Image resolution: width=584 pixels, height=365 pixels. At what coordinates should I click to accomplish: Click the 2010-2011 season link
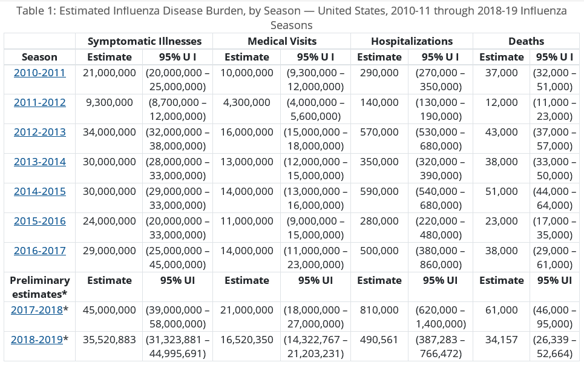pos(39,73)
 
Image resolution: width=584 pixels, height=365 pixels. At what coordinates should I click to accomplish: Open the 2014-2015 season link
pos(39,191)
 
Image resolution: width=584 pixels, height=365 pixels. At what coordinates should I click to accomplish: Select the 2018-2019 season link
pos(37,340)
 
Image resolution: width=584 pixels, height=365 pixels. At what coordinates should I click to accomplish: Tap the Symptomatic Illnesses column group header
pos(144,41)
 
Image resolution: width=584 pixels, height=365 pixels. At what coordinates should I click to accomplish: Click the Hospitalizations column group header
pos(412,41)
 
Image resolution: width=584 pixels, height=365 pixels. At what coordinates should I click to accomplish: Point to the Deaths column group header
pos(526,41)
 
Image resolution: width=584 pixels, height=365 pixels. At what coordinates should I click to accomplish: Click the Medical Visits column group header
pos(281,41)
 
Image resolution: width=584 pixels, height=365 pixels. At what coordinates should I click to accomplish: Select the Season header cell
pos(39,57)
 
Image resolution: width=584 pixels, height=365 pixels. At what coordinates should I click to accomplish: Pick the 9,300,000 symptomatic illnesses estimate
pos(110,102)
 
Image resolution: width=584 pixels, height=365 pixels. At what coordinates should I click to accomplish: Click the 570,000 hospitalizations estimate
pos(379,132)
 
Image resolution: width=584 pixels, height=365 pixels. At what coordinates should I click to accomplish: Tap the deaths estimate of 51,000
pos(501,191)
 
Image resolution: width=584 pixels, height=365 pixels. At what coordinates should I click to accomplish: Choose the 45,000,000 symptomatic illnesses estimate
pos(110,310)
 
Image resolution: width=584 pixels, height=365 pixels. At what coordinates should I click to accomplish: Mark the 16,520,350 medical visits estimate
pos(247,340)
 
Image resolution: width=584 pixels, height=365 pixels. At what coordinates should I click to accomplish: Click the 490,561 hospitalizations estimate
pos(379,340)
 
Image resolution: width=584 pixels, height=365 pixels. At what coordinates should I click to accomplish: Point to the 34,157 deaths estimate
pos(501,340)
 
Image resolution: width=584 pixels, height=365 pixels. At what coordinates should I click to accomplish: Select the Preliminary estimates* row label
pos(39,286)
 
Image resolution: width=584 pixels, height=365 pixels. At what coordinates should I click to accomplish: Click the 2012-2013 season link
pos(39,132)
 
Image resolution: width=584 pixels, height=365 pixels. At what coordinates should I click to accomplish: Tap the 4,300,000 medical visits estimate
pos(247,102)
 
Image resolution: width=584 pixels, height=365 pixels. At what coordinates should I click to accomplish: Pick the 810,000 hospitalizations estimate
pos(379,310)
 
